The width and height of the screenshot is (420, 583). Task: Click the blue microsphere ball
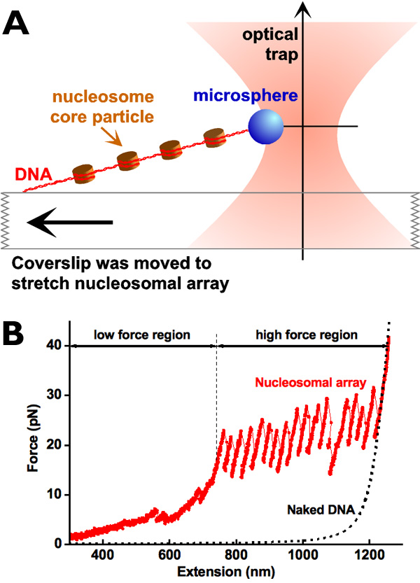[266, 127]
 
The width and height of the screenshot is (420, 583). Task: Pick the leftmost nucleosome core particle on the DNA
[83, 173]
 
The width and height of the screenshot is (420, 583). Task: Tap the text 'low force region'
[143, 335]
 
